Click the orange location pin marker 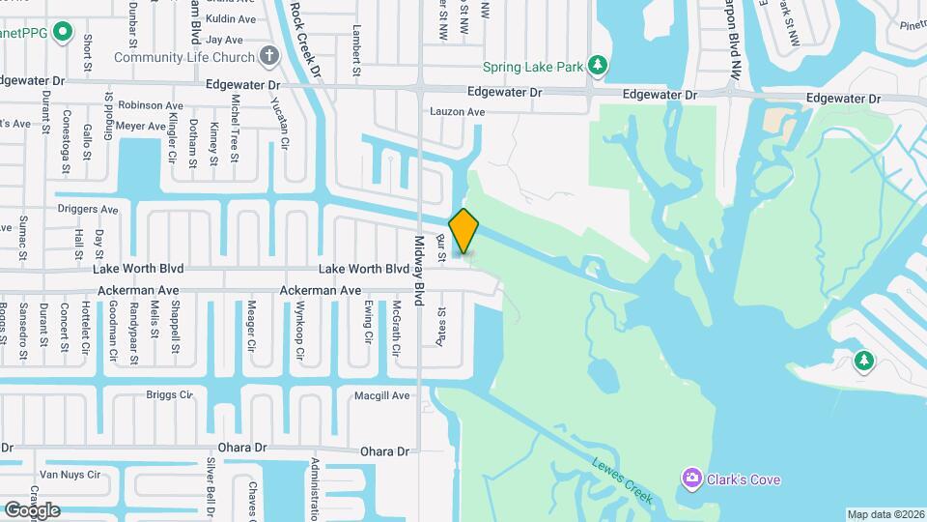(x=464, y=230)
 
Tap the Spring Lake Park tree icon (x=599, y=65)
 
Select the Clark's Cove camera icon (x=691, y=478)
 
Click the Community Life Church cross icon (x=271, y=57)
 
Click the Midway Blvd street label (x=420, y=271)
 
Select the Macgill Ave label (x=383, y=395)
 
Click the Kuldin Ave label (x=231, y=18)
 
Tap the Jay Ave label (x=224, y=40)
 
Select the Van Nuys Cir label (x=70, y=475)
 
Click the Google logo (x=32, y=509)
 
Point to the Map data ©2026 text (x=885, y=514)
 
